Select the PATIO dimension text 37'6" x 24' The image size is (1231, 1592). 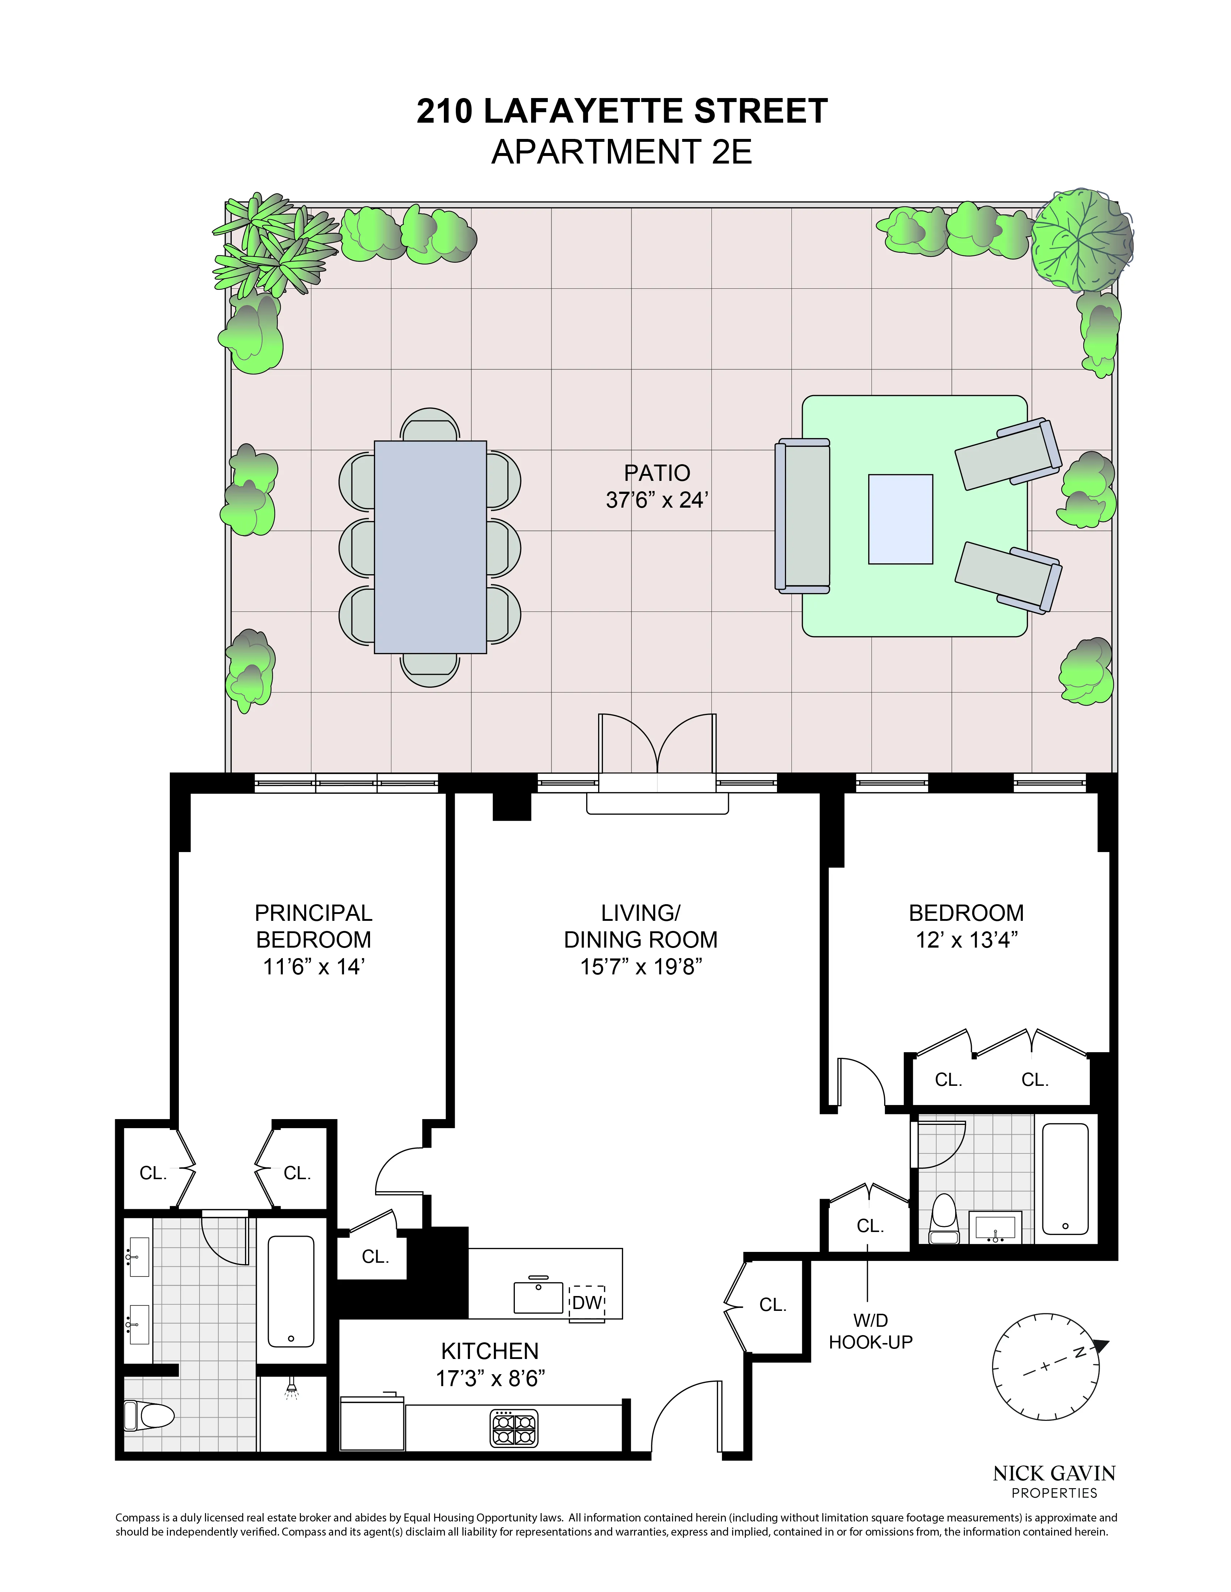coord(656,500)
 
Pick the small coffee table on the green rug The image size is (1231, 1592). coord(900,519)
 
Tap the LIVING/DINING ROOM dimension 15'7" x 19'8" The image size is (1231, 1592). coord(640,966)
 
